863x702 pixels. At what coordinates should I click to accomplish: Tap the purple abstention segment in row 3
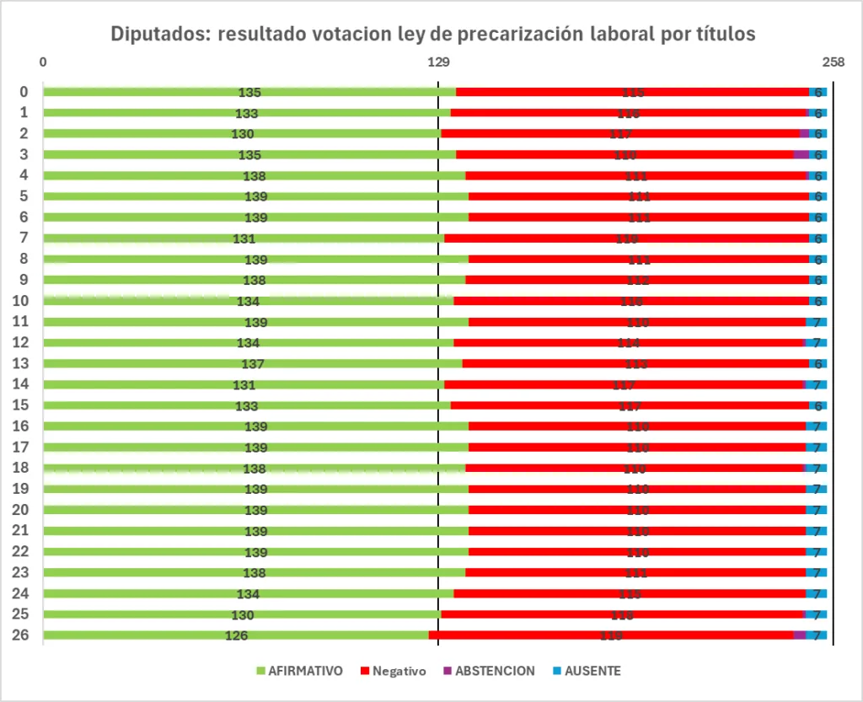(x=801, y=154)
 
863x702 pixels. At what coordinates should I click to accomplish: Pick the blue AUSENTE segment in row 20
(x=817, y=510)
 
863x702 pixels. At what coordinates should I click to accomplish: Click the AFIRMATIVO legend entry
(x=299, y=672)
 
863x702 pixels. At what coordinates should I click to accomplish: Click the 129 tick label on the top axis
(x=437, y=62)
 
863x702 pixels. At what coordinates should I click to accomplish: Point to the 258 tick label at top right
(x=833, y=62)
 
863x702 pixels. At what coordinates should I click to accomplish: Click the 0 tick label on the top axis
(x=43, y=62)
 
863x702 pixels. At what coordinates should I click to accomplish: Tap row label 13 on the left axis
(x=24, y=363)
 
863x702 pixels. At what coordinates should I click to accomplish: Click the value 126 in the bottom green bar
(x=237, y=635)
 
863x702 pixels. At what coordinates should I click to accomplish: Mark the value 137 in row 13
(x=253, y=364)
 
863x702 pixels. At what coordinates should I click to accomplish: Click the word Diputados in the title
(x=160, y=35)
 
